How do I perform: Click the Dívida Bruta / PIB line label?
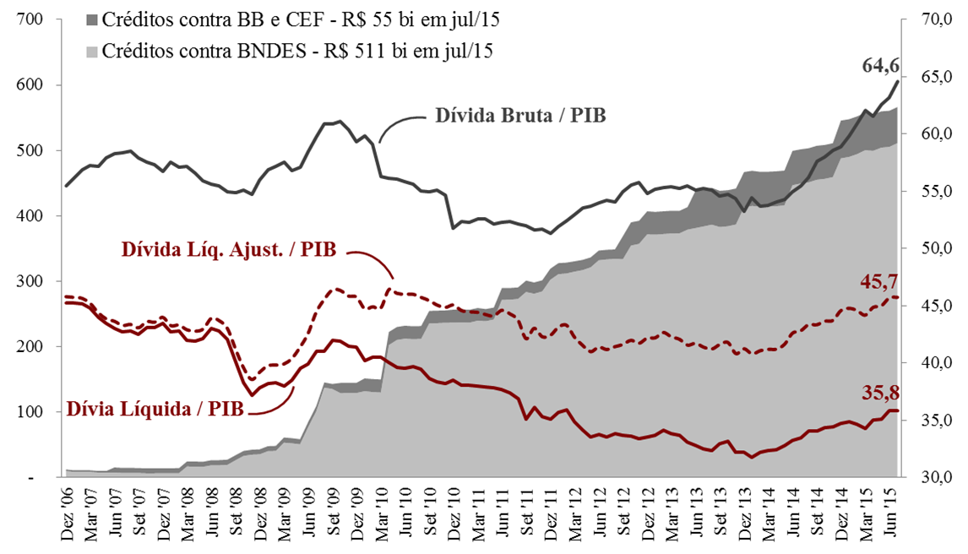point(520,115)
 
